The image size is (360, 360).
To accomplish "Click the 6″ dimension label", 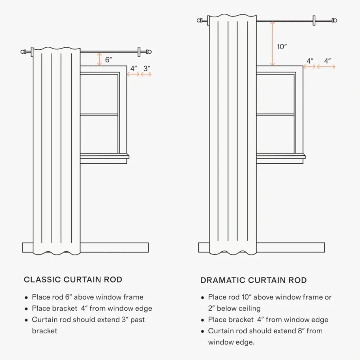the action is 108,60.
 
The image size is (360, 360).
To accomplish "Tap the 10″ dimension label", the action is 282,46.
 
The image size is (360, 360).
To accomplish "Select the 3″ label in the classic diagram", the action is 147,68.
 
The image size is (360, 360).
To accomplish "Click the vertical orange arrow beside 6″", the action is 99,59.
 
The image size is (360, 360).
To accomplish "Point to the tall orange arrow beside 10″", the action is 272,44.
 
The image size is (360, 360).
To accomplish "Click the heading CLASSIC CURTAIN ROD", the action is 73,280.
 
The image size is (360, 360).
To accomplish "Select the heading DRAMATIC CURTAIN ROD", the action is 253,280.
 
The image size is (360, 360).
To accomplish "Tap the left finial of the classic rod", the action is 24,51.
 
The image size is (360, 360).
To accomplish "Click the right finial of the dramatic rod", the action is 334,21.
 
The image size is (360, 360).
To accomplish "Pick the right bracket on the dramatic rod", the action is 314,21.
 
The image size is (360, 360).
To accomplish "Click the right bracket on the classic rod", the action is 139,51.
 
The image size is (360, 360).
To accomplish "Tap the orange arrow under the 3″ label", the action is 146,74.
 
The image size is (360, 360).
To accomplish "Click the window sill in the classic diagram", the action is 104,156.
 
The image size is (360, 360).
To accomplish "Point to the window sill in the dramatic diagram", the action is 281,156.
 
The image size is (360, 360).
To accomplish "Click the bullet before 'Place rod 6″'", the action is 26,298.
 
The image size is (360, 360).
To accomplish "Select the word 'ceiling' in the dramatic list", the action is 250,309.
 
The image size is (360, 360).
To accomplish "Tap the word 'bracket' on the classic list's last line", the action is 45,331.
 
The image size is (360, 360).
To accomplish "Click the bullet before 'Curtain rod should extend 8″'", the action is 202,332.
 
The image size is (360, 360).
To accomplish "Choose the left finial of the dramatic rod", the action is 200,21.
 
